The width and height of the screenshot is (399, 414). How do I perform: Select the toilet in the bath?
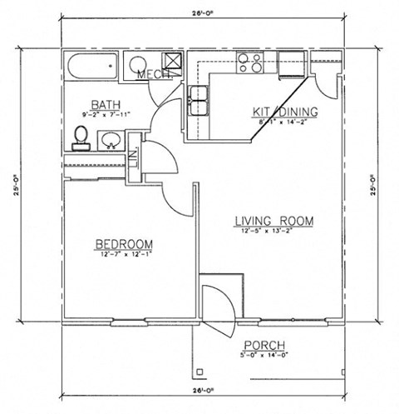80,137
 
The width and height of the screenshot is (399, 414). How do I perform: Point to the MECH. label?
154,75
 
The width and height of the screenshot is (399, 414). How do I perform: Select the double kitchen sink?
199,99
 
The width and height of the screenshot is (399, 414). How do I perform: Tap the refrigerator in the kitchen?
290,64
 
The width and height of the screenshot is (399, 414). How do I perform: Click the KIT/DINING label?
280,111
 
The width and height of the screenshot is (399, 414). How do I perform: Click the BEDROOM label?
124,243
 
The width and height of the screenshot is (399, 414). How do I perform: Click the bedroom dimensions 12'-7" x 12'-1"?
124,254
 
